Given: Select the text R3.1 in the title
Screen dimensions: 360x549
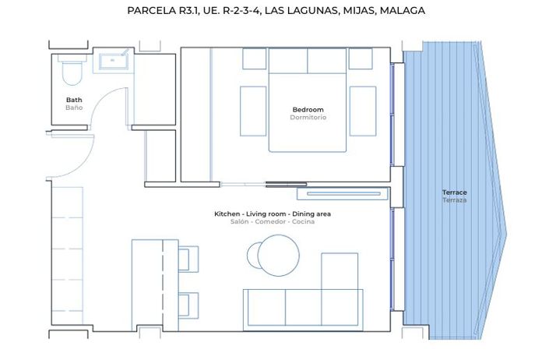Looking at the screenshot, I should pos(186,11).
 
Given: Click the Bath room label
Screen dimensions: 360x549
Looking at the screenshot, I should pos(74,100).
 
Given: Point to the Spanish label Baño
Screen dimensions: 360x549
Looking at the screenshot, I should pos(74,108).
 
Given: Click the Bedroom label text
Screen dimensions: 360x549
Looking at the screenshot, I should pos(308,109).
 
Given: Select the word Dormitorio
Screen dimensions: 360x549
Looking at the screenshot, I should pos(308,118).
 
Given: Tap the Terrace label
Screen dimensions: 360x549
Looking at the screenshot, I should pos(454,192).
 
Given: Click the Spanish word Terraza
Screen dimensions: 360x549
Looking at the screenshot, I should pos(454,200).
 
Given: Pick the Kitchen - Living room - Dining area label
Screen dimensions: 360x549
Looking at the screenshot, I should pos(273,214).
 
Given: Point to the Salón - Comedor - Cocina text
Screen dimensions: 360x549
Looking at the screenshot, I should pos(273,222).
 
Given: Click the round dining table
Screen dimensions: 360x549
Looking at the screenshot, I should pos(273,255).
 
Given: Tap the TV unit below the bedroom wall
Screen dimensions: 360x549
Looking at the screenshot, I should pos(343,193).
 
